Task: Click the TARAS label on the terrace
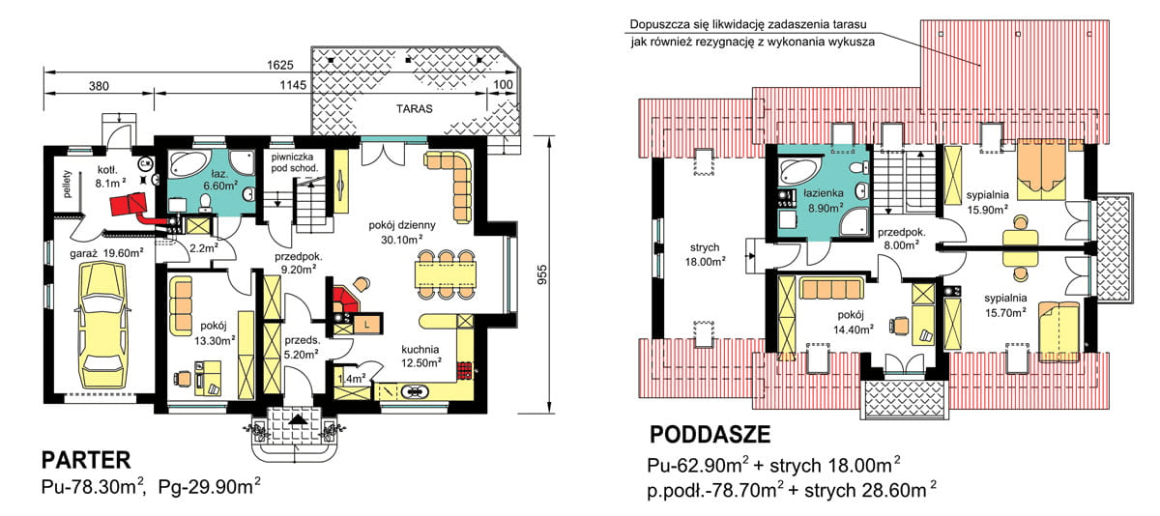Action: tap(413, 108)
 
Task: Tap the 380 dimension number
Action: tap(100, 86)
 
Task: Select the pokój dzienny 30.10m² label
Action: tap(400, 231)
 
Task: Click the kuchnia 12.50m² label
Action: tap(422, 356)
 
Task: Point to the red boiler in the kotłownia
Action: tap(128, 204)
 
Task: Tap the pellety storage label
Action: tap(67, 183)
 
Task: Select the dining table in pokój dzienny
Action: tap(448, 274)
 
